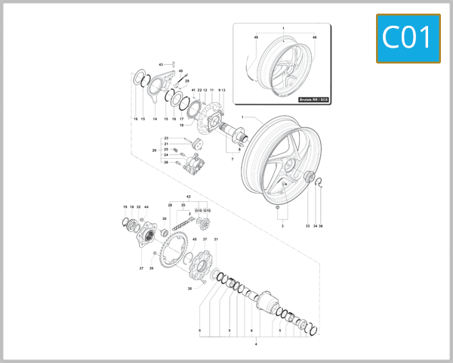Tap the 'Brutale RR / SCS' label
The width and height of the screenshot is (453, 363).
coord(314,99)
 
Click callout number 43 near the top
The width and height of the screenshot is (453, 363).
coord(161,65)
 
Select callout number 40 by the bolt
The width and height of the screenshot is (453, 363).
coord(180,71)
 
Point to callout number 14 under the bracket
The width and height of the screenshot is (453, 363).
coord(155,119)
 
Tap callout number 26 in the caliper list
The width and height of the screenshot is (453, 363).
coord(166,162)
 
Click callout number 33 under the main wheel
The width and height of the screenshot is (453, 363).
coord(307,226)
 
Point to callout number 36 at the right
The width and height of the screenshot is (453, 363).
coord(321,226)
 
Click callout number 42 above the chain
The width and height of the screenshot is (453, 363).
coord(188,197)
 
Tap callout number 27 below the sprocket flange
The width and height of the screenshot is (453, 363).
coord(141,268)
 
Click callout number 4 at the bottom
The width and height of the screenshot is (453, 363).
coord(256,344)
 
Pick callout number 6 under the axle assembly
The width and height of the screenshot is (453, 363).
coord(251,330)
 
